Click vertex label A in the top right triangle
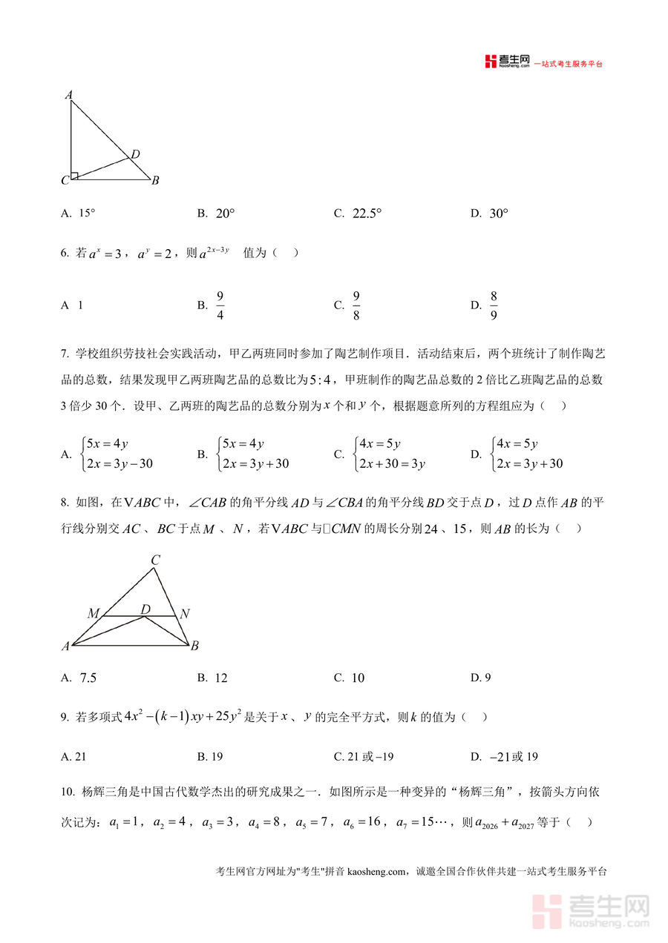coord(68,94)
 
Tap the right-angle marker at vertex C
coord(74,176)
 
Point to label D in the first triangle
coord(135,154)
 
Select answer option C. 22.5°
coord(358,214)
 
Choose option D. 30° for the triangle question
coord(490,214)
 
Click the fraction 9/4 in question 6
coord(220,305)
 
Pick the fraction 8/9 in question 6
coord(494,305)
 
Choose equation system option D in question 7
coord(523,454)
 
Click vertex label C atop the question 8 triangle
coord(155,560)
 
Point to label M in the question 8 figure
coord(94,613)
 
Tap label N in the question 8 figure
coord(185,613)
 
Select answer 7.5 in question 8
coord(88,678)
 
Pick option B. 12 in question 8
coord(212,678)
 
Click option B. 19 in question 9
coord(210,757)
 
